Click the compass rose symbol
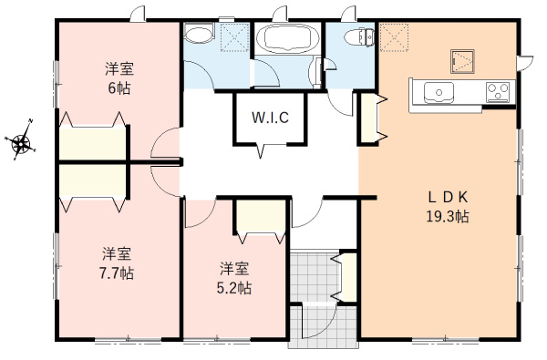pyautogui.click(x=22, y=141)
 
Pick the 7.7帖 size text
pyautogui.click(x=116, y=273)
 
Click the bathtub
pyautogui.click(x=285, y=39)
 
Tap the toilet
pyautogui.click(x=362, y=37)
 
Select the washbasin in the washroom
pyautogui.click(x=197, y=36)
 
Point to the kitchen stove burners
pyautogui.click(x=499, y=91)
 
